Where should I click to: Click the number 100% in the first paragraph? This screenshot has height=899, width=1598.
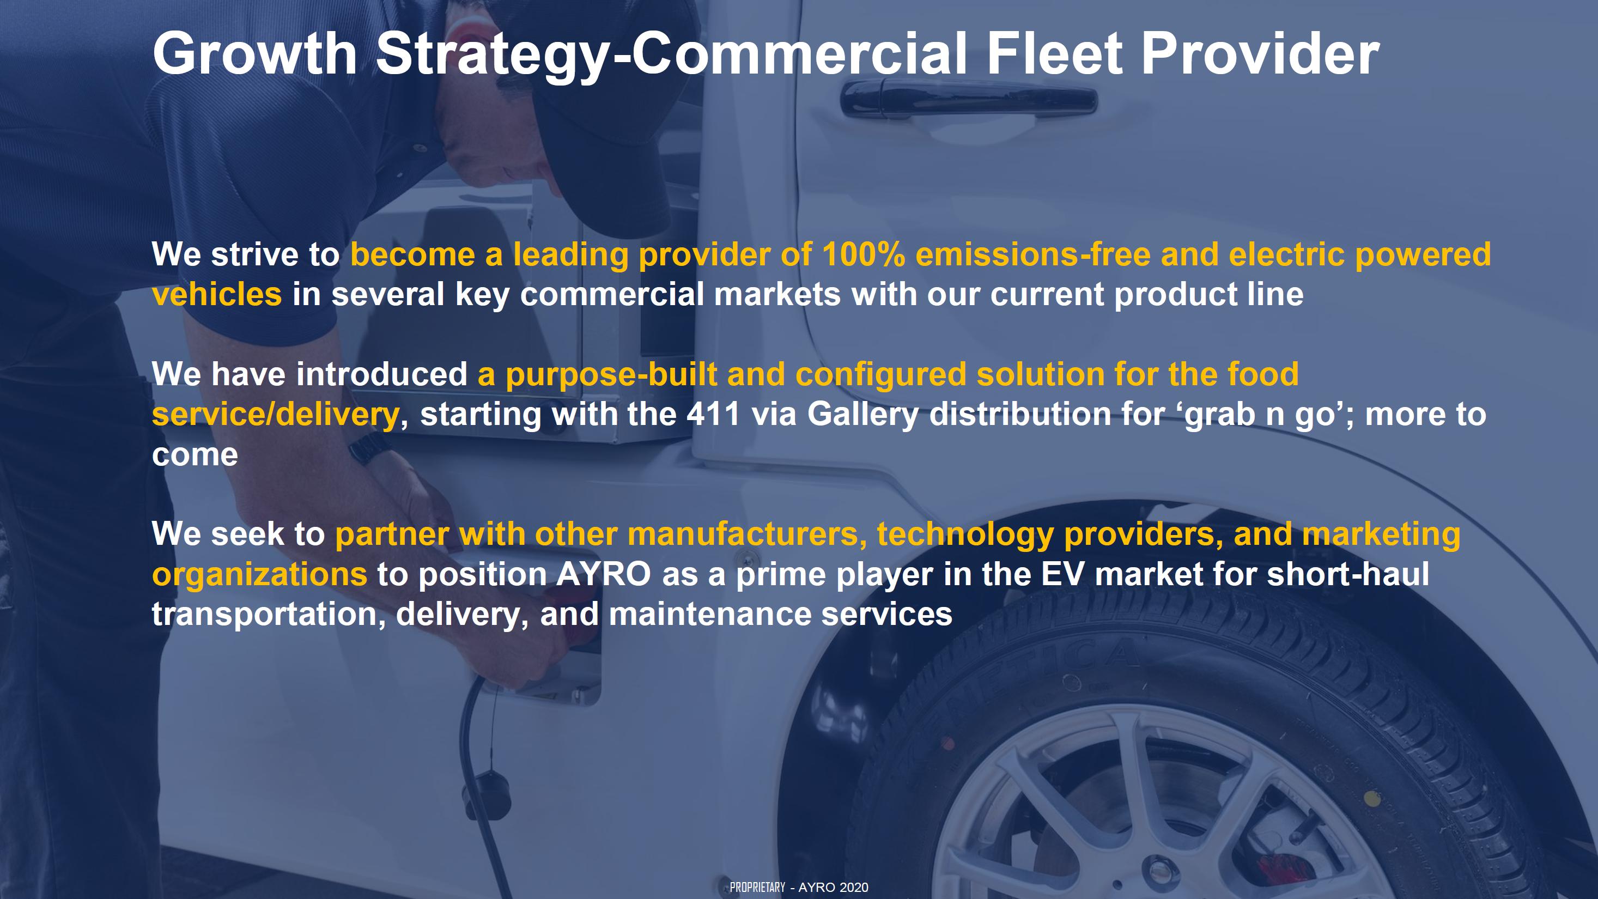tap(863, 254)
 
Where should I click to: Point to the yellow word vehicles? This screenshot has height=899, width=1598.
tap(217, 294)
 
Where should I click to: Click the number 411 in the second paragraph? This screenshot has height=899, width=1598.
tap(713, 414)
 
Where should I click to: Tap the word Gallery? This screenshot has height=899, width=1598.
tap(862, 415)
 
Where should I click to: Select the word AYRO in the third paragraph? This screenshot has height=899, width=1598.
tap(603, 574)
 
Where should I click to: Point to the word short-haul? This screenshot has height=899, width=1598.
tap(1348, 574)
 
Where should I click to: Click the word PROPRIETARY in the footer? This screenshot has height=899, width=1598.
tap(757, 887)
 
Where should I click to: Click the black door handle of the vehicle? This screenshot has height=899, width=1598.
tap(968, 99)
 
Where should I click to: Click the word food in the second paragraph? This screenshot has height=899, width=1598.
tap(1262, 374)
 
